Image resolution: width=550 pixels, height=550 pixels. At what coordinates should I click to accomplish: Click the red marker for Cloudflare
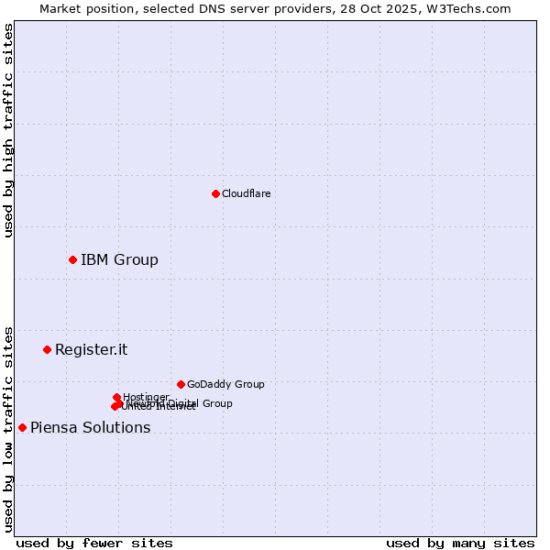point(215,193)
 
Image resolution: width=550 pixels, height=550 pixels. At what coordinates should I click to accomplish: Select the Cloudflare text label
point(246,193)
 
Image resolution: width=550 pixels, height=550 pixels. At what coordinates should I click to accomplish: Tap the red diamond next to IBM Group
point(72,259)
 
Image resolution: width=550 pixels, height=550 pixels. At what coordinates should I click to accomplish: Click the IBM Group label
point(119,259)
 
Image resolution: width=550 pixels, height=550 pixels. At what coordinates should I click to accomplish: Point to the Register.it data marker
point(47,349)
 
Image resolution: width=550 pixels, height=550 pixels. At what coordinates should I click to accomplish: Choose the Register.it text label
point(91,349)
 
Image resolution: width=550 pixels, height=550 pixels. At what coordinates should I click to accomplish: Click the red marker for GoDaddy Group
point(181,384)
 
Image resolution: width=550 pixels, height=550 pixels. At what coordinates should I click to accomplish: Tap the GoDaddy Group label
point(225,384)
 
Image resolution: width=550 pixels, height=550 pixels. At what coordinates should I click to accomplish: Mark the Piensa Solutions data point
point(22,427)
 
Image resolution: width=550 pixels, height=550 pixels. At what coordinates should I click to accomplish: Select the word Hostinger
point(146,397)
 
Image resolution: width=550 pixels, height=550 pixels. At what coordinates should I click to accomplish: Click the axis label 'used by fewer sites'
point(94,543)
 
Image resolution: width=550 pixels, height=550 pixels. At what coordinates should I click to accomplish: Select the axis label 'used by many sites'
point(460,543)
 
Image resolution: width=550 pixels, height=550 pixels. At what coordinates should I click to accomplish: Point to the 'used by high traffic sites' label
point(9,130)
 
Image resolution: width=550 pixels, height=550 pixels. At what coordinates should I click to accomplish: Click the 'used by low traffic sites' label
point(9,428)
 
